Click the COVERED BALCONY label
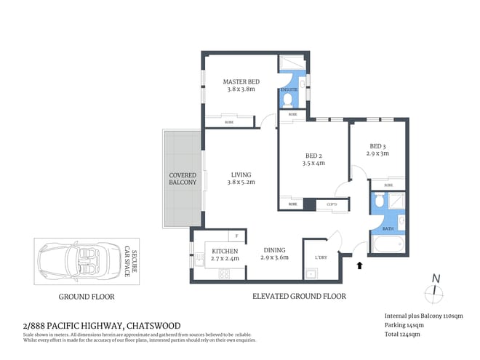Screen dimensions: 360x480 pos(183,179)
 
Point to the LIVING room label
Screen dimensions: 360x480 pos(241,175)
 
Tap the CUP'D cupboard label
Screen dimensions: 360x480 pos(331,204)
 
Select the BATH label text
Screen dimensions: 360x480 pos(388,228)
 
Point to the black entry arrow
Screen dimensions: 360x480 pos(359,266)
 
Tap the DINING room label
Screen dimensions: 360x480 pos(275,249)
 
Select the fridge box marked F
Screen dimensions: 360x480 pos(237,236)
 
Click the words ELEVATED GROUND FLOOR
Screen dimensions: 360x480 pos(299,297)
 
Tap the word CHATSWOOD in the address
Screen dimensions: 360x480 pos(153,325)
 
